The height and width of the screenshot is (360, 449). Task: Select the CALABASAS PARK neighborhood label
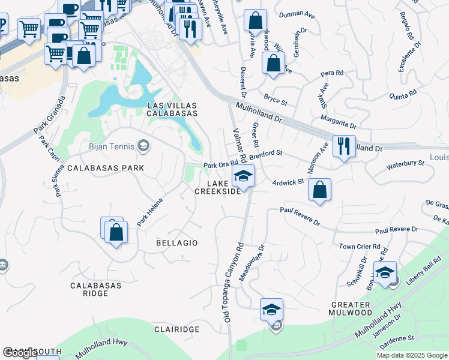click(x=106, y=168)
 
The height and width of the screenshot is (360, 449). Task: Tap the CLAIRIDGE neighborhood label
click(x=176, y=330)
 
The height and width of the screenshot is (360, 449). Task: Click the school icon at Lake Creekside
click(x=243, y=176)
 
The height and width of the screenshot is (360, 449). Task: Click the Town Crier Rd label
click(x=360, y=247)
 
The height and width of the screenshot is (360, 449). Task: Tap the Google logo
click(x=20, y=353)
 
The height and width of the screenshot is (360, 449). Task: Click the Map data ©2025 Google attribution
click(x=412, y=355)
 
